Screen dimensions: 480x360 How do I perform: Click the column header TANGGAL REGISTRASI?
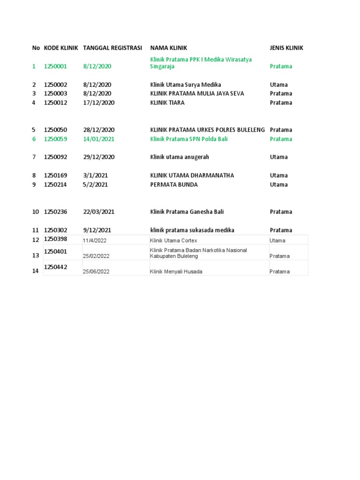(x=112, y=48)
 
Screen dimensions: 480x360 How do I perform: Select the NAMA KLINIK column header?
(x=169, y=48)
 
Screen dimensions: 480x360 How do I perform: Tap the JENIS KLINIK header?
(x=286, y=48)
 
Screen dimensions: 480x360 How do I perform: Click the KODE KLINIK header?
(x=61, y=48)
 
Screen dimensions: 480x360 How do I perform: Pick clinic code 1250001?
(x=55, y=66)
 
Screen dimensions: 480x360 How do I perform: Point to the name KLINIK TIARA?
(x=167, y=103)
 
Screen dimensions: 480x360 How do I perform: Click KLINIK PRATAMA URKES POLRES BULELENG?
(x=208, y=130)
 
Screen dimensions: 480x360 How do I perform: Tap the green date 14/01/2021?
(x=99, y=139)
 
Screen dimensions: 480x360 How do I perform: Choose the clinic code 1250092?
(x=55, y=157)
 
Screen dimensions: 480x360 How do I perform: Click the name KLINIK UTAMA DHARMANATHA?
(x=192, y=175)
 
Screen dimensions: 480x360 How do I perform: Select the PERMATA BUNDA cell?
(x=174, y=184)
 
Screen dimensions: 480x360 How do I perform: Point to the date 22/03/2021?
(x=99, y=211)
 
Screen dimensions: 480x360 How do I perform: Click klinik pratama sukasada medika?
(x=192, y=230)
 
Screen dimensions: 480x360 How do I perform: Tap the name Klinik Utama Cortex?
(x=173, y=240)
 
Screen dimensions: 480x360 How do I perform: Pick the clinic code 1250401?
(x=55, y=251)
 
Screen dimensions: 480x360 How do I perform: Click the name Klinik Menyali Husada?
(x=176, y=271)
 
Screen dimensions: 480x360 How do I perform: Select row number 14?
(x=36, y=271)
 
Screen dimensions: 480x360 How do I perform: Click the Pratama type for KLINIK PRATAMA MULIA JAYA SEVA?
(x=281, y=93)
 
